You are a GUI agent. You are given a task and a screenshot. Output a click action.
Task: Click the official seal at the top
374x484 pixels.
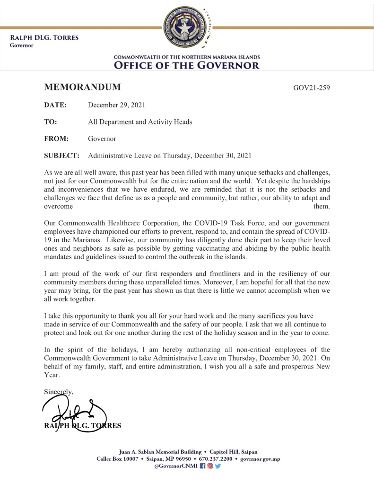187,28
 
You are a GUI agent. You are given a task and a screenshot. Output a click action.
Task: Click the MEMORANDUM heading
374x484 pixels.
82,87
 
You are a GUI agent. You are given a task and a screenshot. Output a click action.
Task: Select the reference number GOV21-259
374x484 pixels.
311,88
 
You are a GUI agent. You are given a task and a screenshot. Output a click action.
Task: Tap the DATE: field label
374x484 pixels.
55,105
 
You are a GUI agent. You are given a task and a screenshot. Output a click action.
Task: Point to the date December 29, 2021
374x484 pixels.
116,105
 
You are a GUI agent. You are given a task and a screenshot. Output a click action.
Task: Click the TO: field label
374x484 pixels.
51,122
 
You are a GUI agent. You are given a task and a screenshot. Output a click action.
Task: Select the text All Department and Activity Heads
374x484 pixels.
140,122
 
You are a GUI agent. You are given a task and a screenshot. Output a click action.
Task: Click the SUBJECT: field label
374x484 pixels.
61,155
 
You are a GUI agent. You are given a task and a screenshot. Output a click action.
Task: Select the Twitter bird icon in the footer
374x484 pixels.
217,466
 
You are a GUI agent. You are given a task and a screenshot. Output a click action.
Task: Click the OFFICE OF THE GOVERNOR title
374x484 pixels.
187,65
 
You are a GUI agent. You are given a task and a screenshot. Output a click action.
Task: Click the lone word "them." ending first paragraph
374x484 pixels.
322,206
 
